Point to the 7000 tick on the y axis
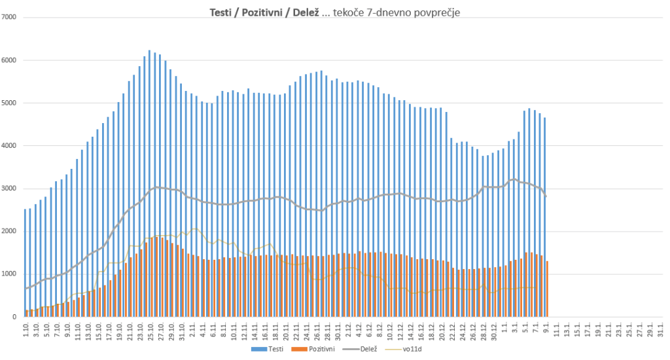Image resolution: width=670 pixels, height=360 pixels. coord(9,17)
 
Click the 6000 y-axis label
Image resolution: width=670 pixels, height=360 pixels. coord(9,60)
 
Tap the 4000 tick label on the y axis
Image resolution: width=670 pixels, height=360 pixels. coord(9,146)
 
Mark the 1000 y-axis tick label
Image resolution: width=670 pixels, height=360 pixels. coord(9,274)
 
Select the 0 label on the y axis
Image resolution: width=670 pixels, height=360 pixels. coord(14,317)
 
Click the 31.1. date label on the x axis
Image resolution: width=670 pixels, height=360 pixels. coord(662,329)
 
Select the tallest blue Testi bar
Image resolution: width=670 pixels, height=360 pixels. coord(149,183)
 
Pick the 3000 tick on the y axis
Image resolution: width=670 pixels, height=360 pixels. coord(9,189)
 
